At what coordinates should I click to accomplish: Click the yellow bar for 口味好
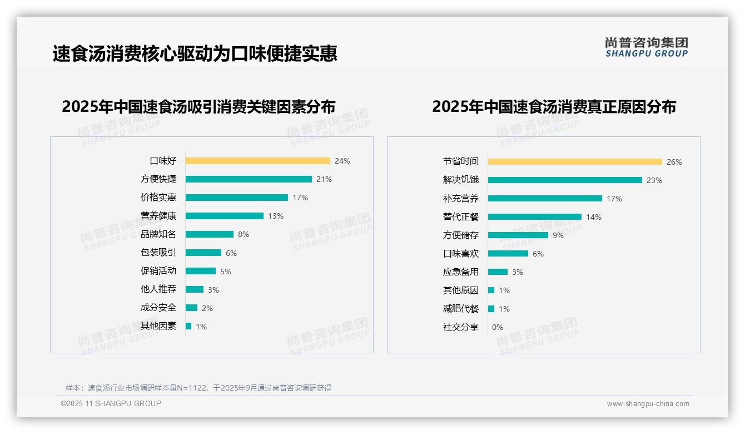257,161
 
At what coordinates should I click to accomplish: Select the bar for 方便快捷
249,179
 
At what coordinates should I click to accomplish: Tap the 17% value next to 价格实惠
300,198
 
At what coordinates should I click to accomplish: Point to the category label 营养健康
158,216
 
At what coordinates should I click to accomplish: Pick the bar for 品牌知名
210,234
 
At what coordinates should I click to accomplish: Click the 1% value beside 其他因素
201,327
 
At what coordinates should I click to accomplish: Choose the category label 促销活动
158,271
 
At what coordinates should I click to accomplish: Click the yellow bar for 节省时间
575,162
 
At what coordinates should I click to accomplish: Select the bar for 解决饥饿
565,180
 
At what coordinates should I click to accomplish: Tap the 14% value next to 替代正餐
594,217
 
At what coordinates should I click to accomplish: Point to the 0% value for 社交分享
498,327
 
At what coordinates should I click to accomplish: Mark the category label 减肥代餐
461,309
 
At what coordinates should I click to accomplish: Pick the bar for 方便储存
518,235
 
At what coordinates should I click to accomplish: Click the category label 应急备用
461,272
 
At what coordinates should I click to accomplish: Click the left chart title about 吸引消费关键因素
198,107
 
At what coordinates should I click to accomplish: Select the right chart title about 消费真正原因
554,107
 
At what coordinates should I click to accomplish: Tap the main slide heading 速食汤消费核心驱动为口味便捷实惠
195,53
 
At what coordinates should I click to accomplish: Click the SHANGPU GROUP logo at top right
647,47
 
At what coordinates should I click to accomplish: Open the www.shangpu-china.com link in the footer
648,404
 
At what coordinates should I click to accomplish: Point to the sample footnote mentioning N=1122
198,388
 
